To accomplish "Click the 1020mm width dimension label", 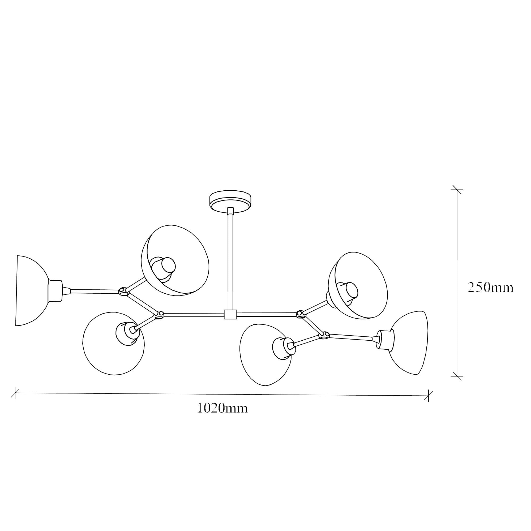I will coord(222,409).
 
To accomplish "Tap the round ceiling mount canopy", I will coord(230,201).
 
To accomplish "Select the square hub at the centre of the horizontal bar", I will coord(230,314).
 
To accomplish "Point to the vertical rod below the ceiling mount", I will coord(230,261).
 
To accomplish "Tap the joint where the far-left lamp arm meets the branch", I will coord(123,291).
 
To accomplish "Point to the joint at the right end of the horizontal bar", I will coord(301,314).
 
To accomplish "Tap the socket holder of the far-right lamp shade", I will coord(385,340).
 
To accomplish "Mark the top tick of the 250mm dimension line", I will coord(457,190).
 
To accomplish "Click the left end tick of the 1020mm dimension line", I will coord(15,393).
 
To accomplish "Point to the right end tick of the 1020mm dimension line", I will coord(428,396).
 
